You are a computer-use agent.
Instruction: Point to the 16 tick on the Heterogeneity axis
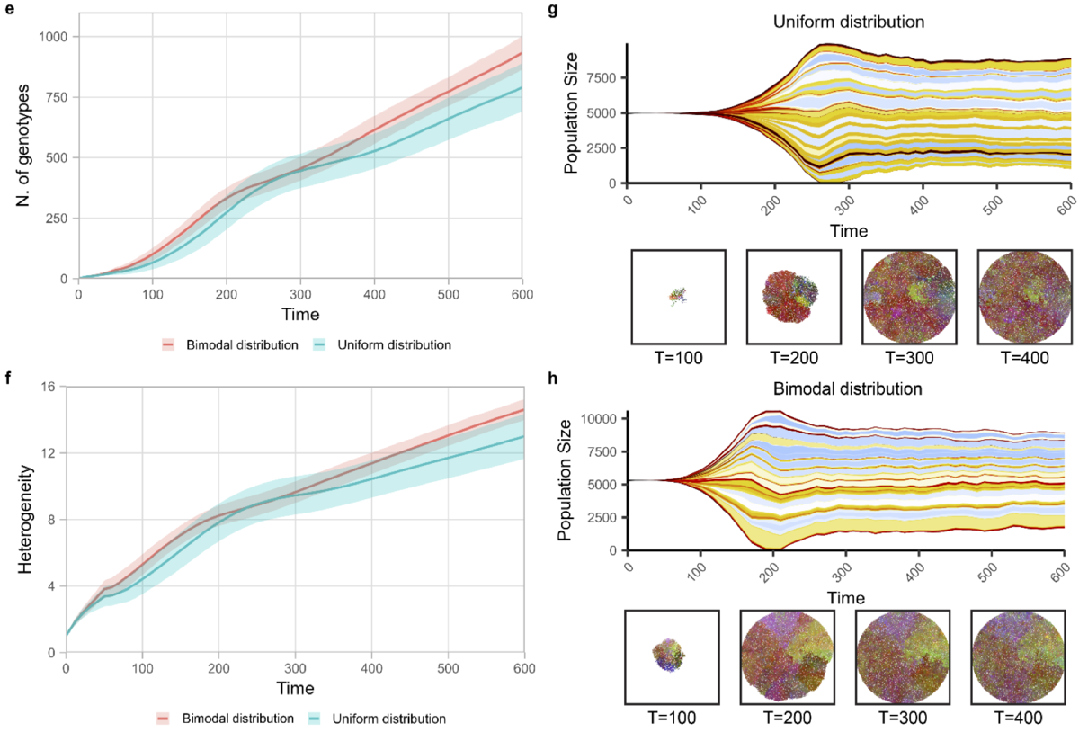click(x=48, y=388)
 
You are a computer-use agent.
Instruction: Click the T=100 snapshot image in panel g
click(x=678, y=296)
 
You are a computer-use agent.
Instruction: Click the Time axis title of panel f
click(x=295, y=690)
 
